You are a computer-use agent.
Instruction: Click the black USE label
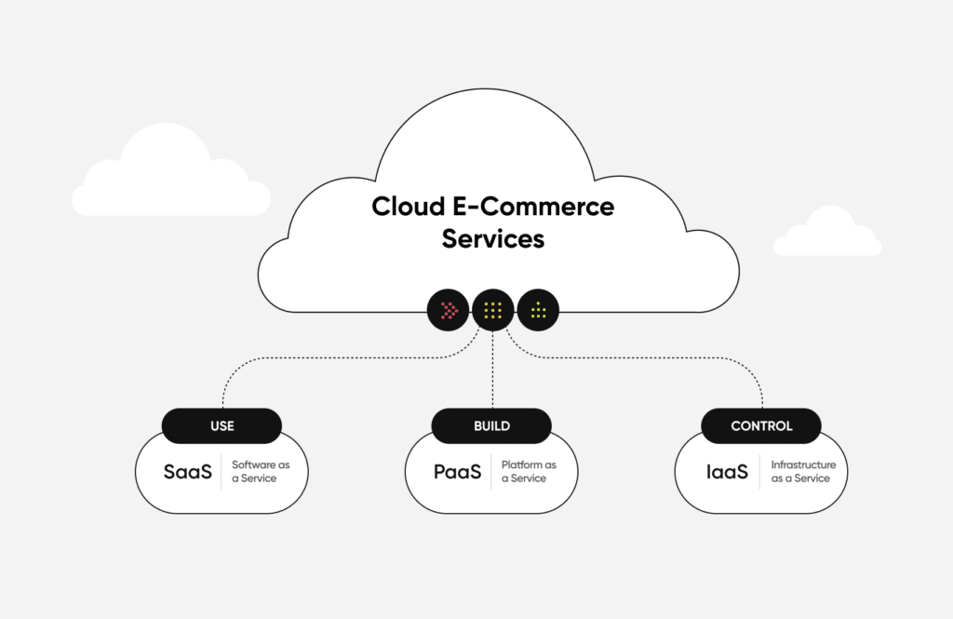tap(221, 425)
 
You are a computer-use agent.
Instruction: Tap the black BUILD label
tap(491, 425)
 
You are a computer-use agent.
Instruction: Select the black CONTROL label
tap(761, 425)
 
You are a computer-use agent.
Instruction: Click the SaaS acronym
tap(188, 472)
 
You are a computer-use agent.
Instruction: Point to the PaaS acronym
tap(457, 472)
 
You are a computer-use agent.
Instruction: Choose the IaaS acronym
tap(727, 472)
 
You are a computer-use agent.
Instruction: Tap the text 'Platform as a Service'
tap(529, 472)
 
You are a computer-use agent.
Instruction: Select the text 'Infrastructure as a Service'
tap(803, 472)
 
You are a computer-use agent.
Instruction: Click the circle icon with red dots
tap(449, 310)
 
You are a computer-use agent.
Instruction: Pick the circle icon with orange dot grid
tap(493, 310)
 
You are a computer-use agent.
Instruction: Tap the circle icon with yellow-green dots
tap(538, 310)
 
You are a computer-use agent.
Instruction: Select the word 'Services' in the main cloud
tap(492, 238)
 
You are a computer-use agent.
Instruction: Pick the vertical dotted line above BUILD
tap(491, 372)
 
